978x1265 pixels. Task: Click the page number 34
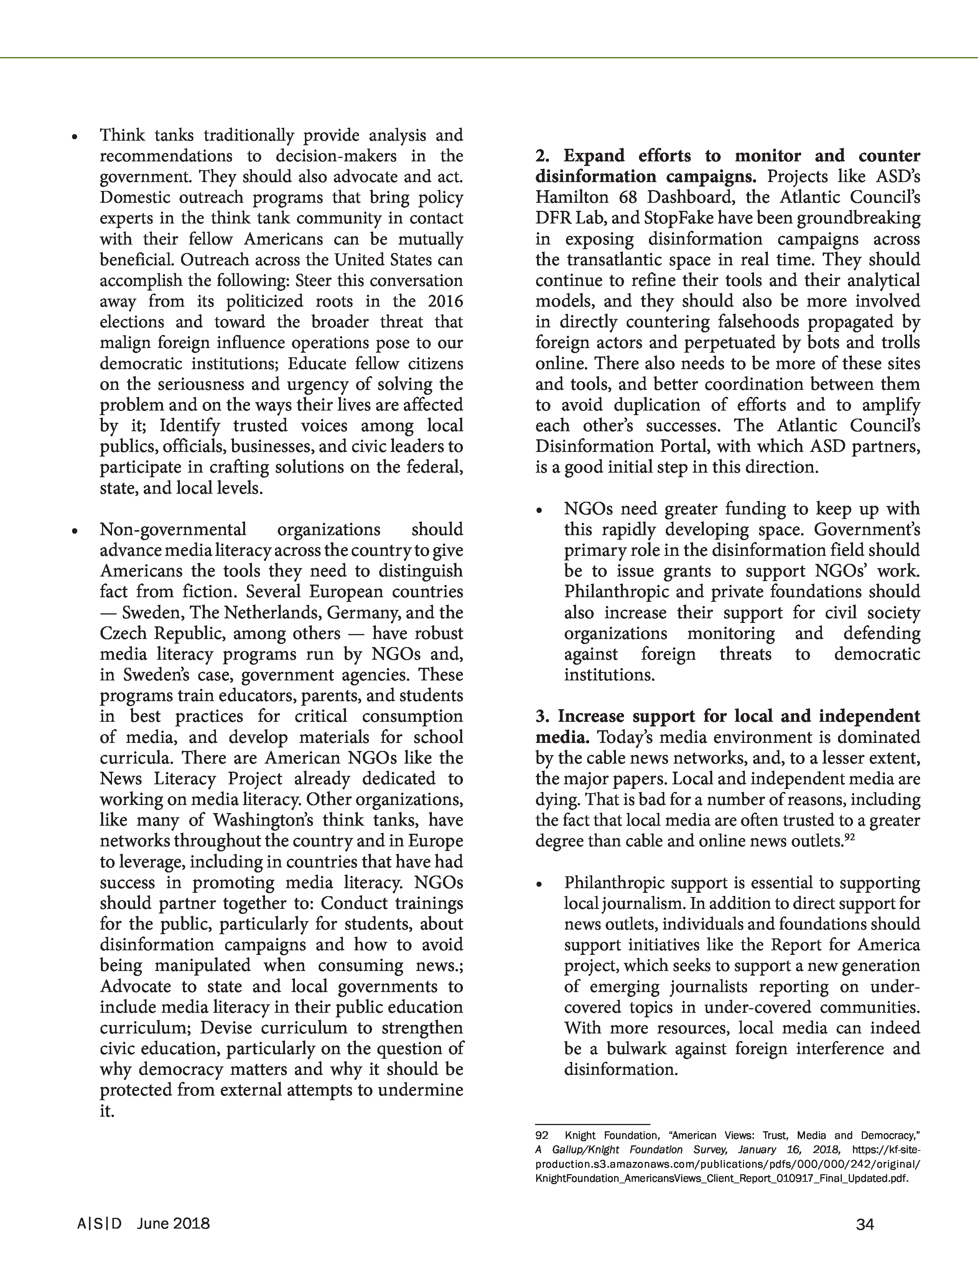coord(864,1224)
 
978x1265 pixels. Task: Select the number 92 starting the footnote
coord(542,1135)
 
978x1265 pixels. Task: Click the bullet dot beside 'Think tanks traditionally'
coord(74,137)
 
